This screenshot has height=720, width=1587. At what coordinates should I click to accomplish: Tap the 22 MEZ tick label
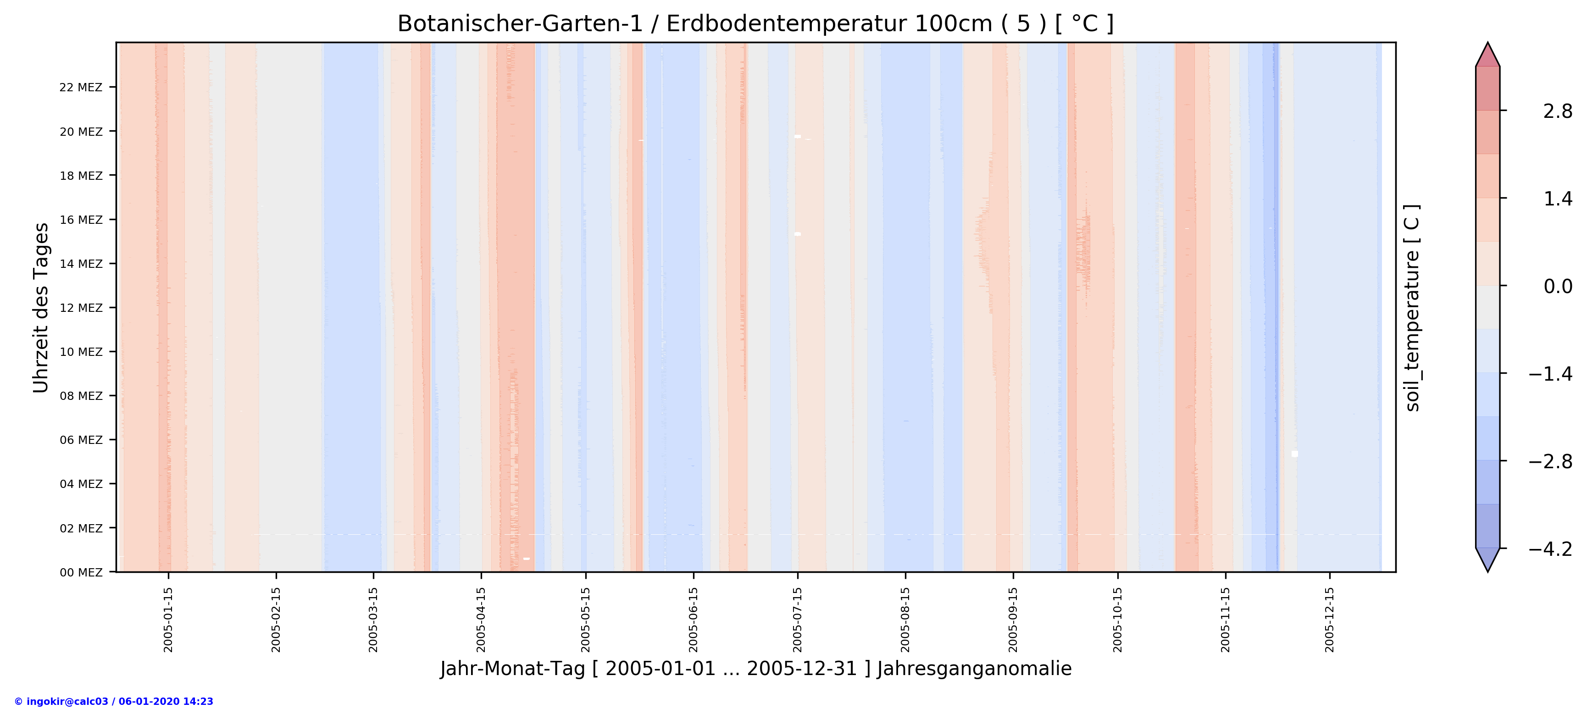81,88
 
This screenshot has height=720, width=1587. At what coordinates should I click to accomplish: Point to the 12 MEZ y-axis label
81,308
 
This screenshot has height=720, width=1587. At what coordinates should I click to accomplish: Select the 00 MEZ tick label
81,572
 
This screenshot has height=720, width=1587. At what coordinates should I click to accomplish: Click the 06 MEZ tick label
81,440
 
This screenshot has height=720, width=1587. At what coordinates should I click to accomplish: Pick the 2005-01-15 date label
168,619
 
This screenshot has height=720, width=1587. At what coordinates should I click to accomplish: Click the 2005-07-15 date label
798,619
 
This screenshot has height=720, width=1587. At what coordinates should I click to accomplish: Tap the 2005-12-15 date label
1330,619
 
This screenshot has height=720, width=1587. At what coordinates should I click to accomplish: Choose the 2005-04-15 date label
481,619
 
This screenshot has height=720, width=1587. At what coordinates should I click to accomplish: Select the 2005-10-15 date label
1118,619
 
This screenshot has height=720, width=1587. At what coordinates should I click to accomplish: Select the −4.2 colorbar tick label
1550,549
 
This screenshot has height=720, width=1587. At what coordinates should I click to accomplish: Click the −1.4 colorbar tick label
1550,374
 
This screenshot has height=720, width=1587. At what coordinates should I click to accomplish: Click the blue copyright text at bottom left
114,702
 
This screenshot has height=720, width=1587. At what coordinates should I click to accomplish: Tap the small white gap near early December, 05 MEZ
1294,454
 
